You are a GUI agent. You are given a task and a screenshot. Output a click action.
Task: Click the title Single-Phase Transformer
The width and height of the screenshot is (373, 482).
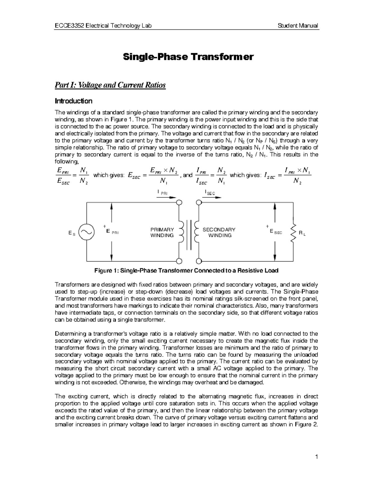coord(188,57)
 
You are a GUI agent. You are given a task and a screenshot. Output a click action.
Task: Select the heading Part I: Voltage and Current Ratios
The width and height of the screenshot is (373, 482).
coord(110,85)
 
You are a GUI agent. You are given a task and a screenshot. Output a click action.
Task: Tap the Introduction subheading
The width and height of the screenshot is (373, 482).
coord(73,101)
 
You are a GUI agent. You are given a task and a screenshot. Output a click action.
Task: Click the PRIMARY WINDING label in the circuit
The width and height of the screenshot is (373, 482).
coord(162,232)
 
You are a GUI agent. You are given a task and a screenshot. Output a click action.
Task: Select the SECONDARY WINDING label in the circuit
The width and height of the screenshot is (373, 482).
coord(219,232)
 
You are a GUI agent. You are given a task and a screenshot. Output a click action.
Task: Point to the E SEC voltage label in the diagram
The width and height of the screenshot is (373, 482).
coord(275,232)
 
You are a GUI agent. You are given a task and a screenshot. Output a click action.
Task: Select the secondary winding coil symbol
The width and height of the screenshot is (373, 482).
coord(196,232)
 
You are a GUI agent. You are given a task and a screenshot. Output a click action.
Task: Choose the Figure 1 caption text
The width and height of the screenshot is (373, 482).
coord(186,270)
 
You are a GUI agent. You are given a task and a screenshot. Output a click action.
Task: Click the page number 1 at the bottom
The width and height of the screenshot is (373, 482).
coord(316,457)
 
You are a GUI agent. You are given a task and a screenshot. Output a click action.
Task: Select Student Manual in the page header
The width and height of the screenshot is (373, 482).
coord(298,26)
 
